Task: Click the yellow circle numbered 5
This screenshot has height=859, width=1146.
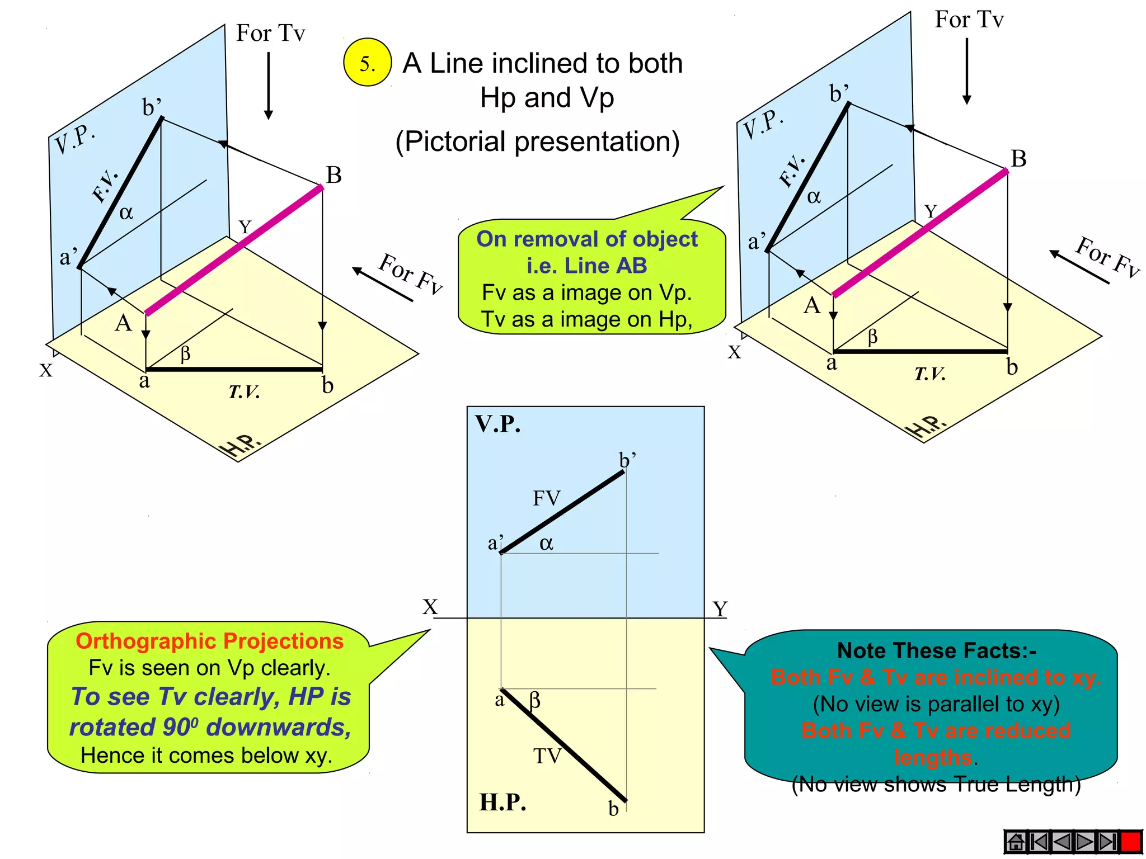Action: coord(367,63)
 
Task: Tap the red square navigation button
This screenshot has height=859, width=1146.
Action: coord(1131,842)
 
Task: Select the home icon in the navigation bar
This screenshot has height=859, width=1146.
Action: coord(1016,842)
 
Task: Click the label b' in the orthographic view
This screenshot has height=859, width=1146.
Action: coord(627,460)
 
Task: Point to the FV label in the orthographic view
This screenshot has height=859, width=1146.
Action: coord(546,498)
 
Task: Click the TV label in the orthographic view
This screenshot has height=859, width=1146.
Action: coord(547,756)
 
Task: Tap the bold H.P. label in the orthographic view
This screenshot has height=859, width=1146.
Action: coord(502,803)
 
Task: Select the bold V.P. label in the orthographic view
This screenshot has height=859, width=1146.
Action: coord(497,424)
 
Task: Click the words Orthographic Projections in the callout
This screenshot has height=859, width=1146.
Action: coord(209,641)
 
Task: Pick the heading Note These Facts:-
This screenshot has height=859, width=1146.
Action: coord(936,650)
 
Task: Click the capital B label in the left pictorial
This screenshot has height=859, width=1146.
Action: coord(334,176)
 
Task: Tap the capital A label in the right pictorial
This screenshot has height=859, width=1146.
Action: coord(812,306)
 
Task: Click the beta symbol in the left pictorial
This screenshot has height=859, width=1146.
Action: coord(185,353)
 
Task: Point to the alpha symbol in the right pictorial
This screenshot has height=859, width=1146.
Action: coord(814,197)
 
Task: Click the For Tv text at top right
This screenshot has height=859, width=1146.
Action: coord(969,20)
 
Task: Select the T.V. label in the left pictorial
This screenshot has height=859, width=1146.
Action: coord(244,392)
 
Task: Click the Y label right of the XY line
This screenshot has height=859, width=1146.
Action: coord(720,609)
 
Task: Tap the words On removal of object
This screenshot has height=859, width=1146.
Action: coord(586,239)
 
